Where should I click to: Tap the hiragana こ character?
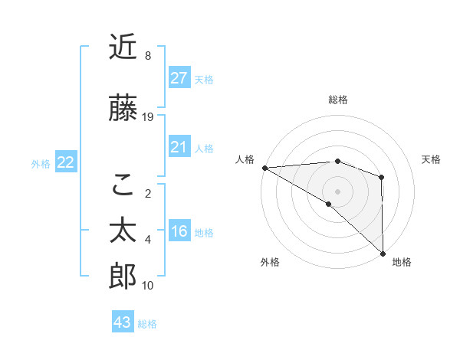[123, 184]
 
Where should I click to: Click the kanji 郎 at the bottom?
[123, 277]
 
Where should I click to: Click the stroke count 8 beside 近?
[147, 56]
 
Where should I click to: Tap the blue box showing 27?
[179, 77]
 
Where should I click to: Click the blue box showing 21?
[179, 146]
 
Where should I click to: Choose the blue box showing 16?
[179, 231]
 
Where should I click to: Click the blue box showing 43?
[123, 322]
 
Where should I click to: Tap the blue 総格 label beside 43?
[147, 324]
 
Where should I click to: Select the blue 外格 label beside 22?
[41, 163]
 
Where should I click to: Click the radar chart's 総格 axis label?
[337, 100]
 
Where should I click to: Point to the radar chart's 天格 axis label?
[432, 159]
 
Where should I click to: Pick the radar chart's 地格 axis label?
[402, 262]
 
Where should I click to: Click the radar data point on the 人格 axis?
[264, 167]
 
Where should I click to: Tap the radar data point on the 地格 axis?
[382, 253]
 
